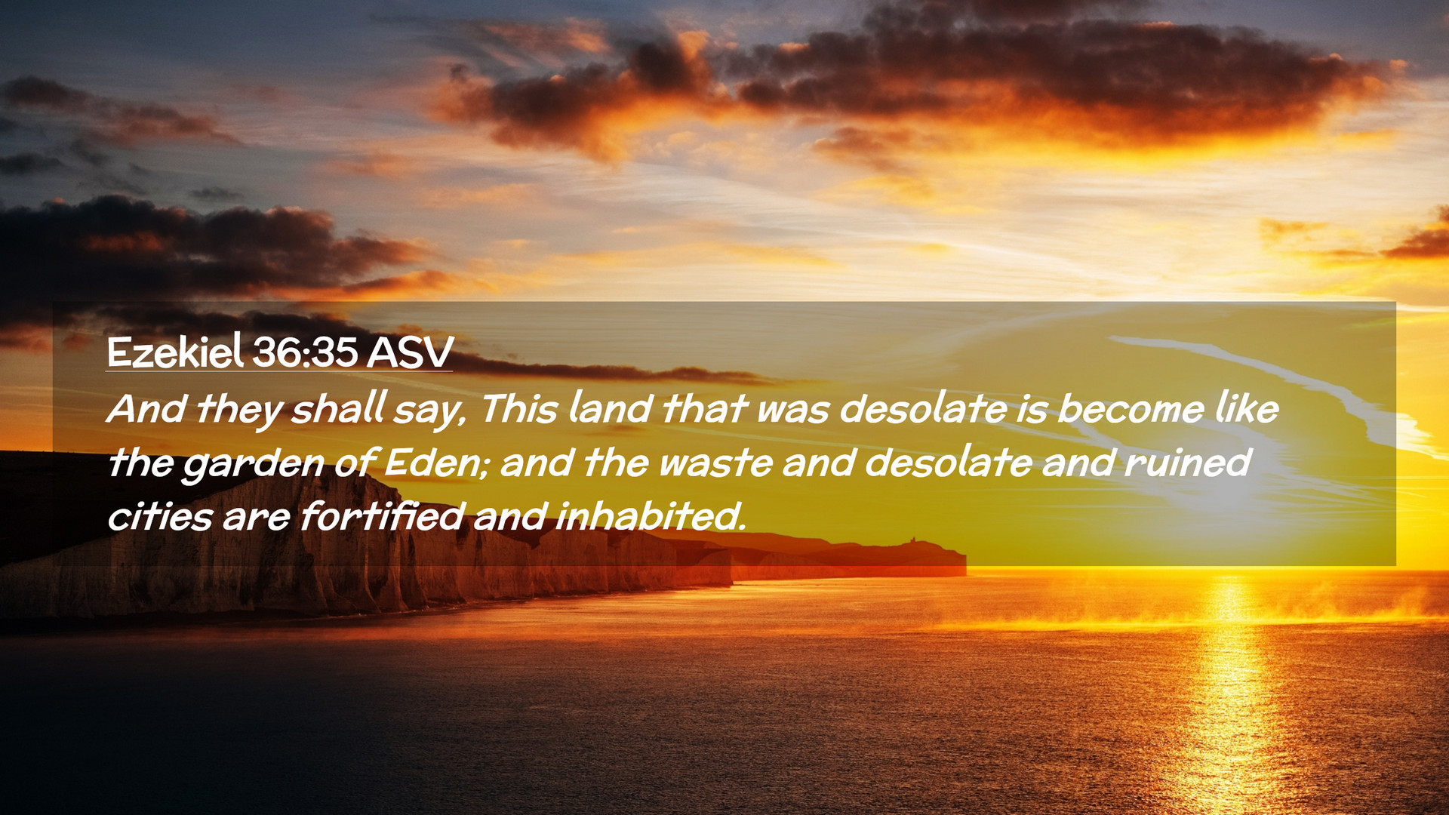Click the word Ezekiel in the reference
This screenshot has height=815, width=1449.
pyautogui.click(x=175, y=352)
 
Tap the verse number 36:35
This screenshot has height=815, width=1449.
pyautogui.click(x=305, y=352)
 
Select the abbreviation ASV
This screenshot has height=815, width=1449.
pyautogui.click(x=410, y=352)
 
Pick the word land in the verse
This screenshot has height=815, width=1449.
pyautogui.click(x=610, y=408)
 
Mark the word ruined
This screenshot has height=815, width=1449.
pyautogui.click(x=1187, y=463)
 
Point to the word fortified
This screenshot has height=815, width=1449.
pyautogui.click(x=382, y=516)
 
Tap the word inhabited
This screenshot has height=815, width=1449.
pyautogui.click(x=651, y=516)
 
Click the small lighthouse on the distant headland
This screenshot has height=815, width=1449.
pyautogui.click(x=912, y=540)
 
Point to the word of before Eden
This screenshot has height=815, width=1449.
pyautogui.click(x=354, y=463)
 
